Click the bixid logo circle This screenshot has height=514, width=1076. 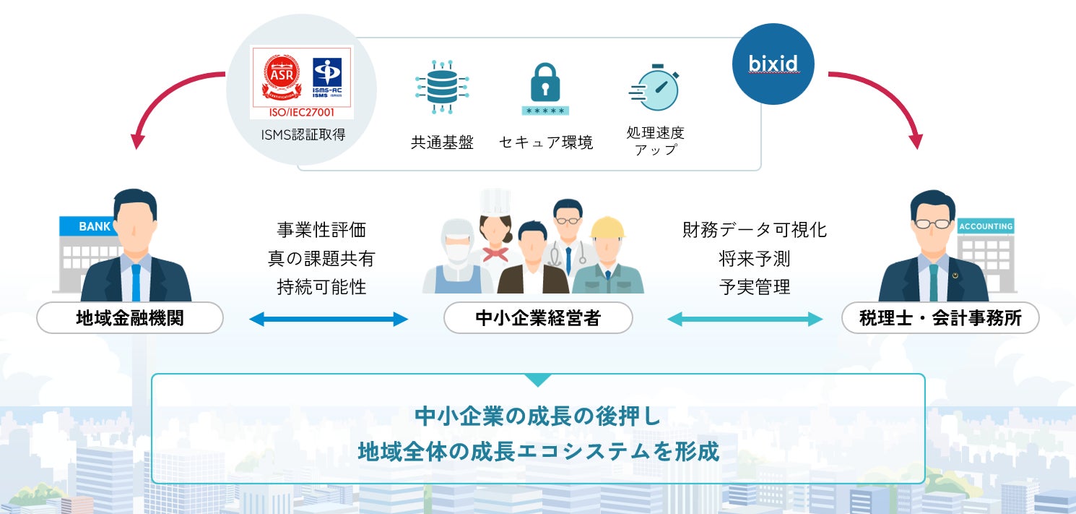coord(773,64)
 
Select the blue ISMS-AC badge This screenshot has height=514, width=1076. coord(327,77)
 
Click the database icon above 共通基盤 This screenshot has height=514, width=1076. coord(441,87)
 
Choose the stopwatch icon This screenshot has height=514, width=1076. coord(654,88)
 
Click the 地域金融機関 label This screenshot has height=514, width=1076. coord(130,318)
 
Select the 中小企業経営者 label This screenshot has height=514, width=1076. coord(538,318)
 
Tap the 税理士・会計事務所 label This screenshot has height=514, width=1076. coord(940,318)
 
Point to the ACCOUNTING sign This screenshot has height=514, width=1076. coord(986,226)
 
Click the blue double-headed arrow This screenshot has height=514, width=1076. coord(329,319)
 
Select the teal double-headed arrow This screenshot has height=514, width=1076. coord(745,319)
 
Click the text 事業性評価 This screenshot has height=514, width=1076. coord(321,230)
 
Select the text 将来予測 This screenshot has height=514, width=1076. coord(755,258)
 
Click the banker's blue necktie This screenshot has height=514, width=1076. coord(136,282)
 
